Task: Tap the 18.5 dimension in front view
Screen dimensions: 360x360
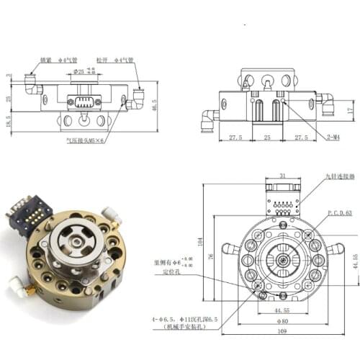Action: [7, 124]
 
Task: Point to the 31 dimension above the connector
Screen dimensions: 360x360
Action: [282, 176]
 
